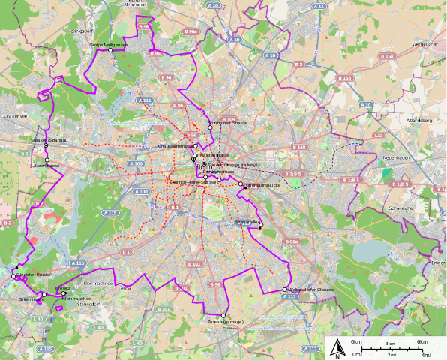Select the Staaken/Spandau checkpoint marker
[46, 145]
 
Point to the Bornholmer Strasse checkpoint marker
[211, 127]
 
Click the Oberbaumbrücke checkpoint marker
[241, 184]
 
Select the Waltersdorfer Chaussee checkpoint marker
[285, 289]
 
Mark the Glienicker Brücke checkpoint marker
[13, 277]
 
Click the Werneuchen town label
[424, 44]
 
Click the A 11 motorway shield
[319, 6]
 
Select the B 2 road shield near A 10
[298, 64]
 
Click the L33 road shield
[379, 136]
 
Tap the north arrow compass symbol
[337, 347]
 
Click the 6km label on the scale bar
[422, 342]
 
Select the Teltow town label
[124, 288]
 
